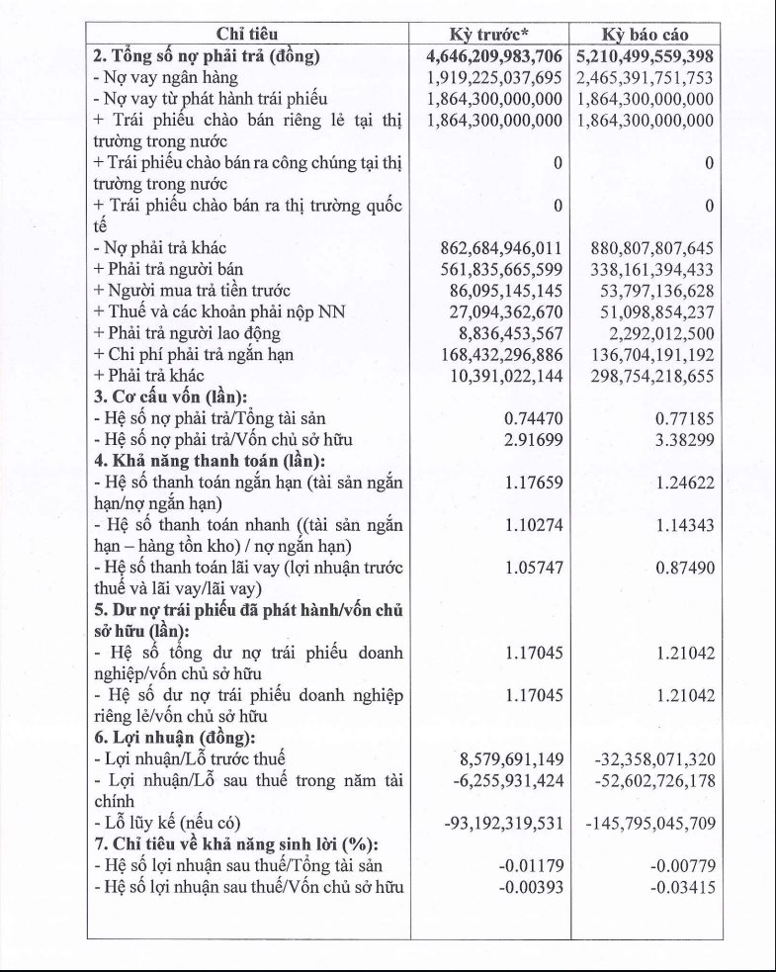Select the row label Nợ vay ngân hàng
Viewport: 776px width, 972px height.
tap(165, 77)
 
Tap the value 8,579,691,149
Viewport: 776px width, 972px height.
tap(511, 759)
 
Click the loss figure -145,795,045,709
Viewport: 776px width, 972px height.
tap(649, 823)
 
